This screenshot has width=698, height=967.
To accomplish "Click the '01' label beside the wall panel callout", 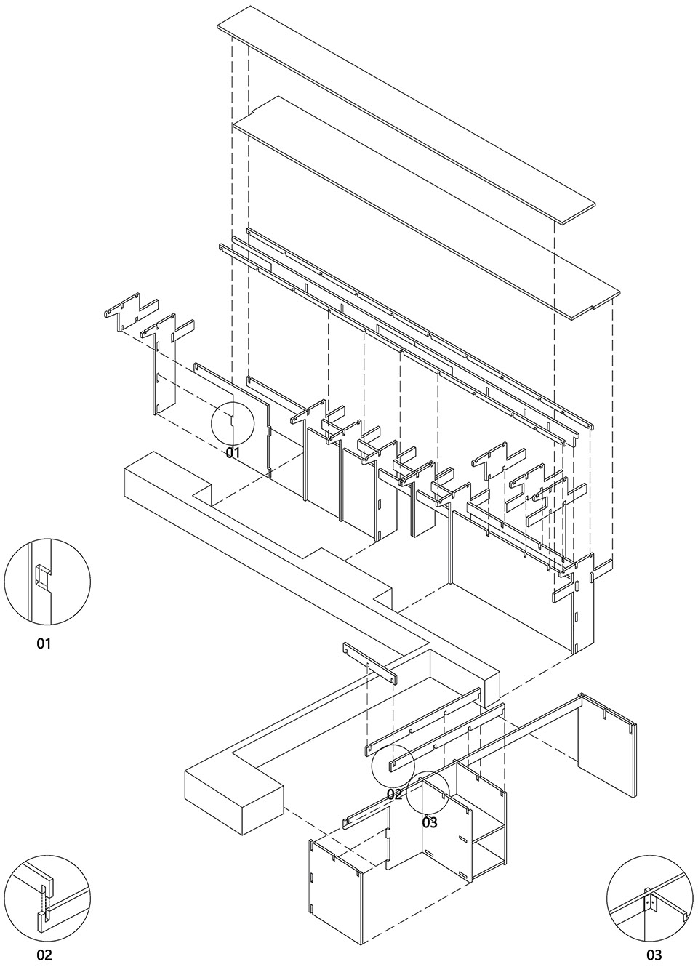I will tap(233, 453).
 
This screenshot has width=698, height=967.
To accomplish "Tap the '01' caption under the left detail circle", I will tap(44, 643).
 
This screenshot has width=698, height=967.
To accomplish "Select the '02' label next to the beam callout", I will tap(394, 794).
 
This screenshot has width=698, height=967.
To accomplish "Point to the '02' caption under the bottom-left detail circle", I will tap(44, 955).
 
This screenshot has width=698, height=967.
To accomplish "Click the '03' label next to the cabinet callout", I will tap(430, 822).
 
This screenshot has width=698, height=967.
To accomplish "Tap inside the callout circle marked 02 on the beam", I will tap(393, 765).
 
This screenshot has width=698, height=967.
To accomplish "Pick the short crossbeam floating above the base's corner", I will tap(371, 662).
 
